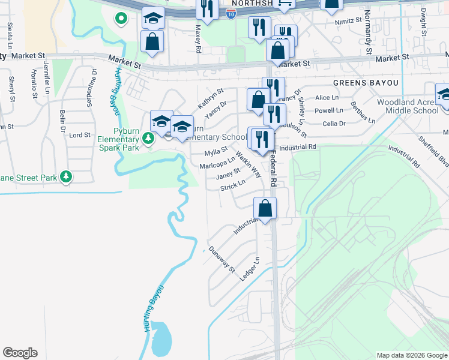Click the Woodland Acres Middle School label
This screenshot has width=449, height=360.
pyautogui.click(x=408, y=106)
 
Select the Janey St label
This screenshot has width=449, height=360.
pyautogui.click(x=228, y=173)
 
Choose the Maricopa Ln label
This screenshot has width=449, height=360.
pyautogui.click(x=217, y=163)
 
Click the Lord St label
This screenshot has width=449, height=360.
pyautogui.click(x=80, y=135)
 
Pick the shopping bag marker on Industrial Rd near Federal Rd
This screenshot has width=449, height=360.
pyautogui.click(x=265, y=208)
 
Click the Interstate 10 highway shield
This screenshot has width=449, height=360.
pyautogui.click(x=231, y=13)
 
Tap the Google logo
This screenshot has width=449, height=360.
pyautogui.click(x=20, y=353)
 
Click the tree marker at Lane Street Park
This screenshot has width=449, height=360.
pyautogui.click(x=66, y=177)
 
